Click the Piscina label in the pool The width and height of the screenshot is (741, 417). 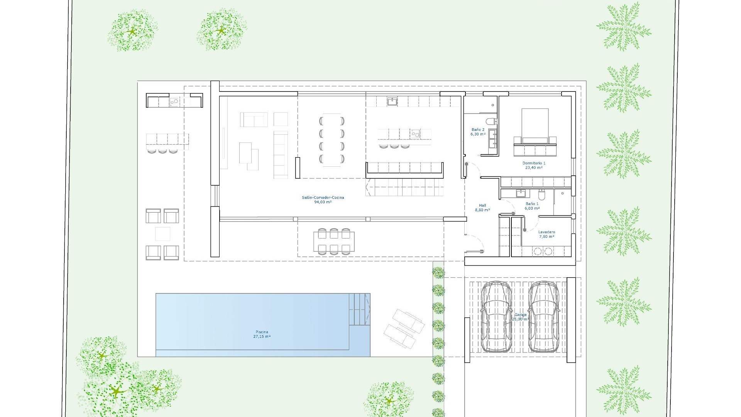coord(262,332)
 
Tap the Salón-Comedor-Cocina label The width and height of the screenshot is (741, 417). coord(323,197)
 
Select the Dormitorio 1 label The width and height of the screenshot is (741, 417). coord(534,163)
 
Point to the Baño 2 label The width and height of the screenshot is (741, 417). coord(478,130)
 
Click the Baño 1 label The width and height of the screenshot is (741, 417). coord(532,204)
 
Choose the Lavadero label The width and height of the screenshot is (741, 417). coord(546,232)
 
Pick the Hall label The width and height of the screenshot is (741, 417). coord(482,205)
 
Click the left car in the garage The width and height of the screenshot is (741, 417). coord(496,317)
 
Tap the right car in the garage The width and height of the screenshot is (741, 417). coord(544,317)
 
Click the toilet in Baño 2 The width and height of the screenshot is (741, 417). coord(491,121)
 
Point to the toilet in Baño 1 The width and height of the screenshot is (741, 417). coord(541,195)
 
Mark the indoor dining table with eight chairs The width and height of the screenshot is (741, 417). coord(332,140)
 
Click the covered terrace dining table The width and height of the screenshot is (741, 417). coord(334,241)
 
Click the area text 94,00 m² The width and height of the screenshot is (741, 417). coord(323,202)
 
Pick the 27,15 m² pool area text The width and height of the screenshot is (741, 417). coord(262,337)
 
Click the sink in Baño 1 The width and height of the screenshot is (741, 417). coord(520,193)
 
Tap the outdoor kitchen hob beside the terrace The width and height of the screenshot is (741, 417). coord(174,102)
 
